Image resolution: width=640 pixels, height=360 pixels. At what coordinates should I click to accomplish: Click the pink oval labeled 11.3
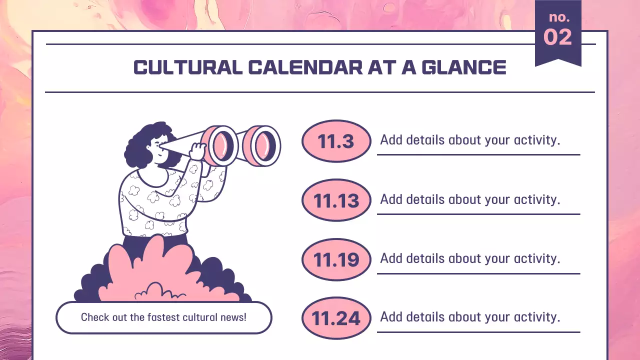[336, 141]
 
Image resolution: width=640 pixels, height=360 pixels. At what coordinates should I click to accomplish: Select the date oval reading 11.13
[336, 200]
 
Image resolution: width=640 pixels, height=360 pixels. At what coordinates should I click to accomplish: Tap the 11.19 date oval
[336, 259]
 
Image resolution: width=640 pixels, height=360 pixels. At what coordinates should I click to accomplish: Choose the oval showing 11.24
[336, 318]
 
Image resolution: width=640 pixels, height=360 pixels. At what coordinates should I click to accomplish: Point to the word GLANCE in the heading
[464, 68]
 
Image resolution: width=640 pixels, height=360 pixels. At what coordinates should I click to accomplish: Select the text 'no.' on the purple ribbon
[559, 17]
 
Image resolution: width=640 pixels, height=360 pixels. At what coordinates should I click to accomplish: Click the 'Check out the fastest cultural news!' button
[163, 317]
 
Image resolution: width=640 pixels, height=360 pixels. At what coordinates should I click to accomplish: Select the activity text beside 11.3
[469, 140]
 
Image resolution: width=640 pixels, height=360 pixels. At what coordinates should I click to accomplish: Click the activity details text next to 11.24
[469, 317]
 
